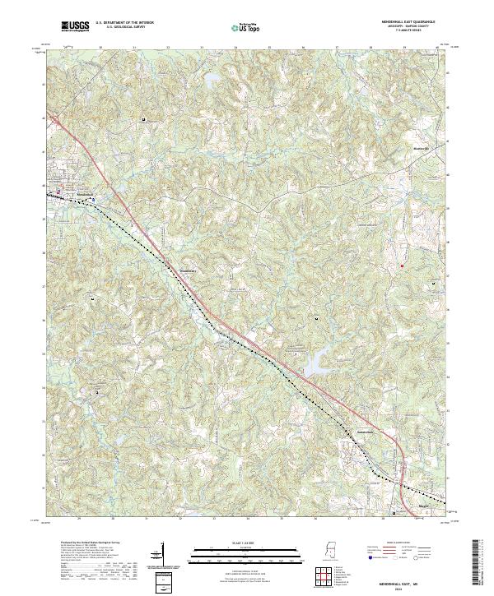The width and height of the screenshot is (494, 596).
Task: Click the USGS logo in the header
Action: [x=76, y=26]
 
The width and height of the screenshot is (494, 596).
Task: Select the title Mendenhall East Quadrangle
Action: [x=406, y=22]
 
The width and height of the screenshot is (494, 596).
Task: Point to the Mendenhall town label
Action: [x=76, y=194]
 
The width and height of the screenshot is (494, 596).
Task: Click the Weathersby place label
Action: [x=189, y=269]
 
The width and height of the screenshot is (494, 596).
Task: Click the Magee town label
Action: [x=425, y=506]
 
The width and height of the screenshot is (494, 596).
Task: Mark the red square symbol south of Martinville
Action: [x=403, y=266]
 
